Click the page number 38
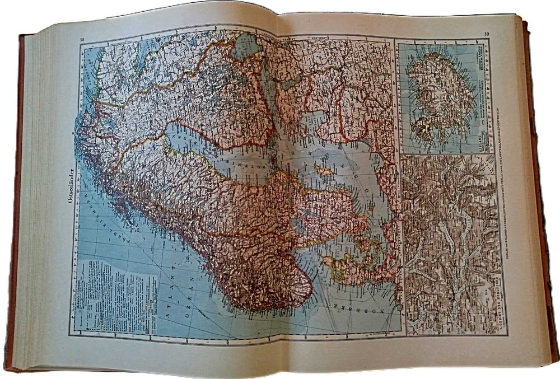83,39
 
